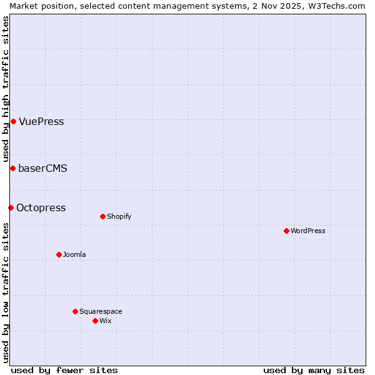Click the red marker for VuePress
coord(13,121)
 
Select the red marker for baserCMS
coord(12,168)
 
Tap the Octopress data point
coord(11,207)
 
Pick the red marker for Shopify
coord(102,216)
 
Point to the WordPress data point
coord(286,231)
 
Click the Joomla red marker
coord(59,254)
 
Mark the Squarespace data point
coord(75,311)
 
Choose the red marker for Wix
coord(95,321)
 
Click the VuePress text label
coord(41,121)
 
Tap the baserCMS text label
coord(42,168)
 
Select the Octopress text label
coord(41,207)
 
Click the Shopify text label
coord(119,216)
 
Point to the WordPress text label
coord(308,231)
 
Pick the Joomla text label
coord(74,254)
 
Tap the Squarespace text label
coord(101,311)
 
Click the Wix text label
coord(105,321)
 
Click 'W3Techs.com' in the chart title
coord(339,6)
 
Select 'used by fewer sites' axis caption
coord(64,370)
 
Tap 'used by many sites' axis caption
coord(314,370)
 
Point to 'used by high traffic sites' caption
coord(6,89)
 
